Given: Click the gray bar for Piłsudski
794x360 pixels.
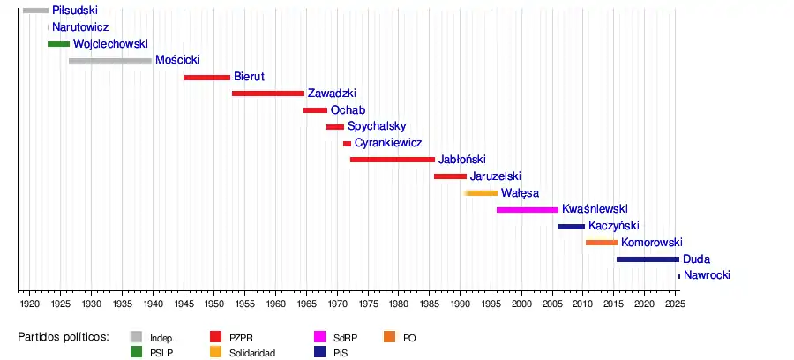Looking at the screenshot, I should pyautogui.click(x=35, y=11).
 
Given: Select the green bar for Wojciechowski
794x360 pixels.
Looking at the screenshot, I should pyautogui.click(x=58, y=44).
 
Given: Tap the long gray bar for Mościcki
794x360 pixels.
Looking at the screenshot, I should pyautogui.click(x=110, y=61).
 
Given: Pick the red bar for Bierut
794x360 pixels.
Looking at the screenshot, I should pyautogui.click(x=206, y=78).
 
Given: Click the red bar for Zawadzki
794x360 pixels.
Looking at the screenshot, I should pyautogui.click(x=268, y=94).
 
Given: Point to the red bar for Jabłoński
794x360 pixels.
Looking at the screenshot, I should pyautogui.click(x=393, y=160).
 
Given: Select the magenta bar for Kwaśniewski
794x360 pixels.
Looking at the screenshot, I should pyautogui.click(x=528, y=210).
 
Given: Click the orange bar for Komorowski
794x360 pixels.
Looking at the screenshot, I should pyautogui.click(x=602, y=243).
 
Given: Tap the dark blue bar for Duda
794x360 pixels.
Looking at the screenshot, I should pyautogui.click(x=648, y=259).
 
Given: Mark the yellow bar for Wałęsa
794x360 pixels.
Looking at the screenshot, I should pyautogui.click(x=482, y=193).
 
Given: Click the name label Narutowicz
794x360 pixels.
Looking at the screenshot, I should pyautogui.click(x=80, y=27).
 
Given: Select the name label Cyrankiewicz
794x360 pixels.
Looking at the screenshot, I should pyautogui.click(x=388, y=143).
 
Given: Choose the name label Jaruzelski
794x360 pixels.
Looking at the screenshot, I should pyautogui.click(x=496, y=176).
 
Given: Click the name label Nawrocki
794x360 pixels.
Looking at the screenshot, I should pyautogui.click(x=707, y=276).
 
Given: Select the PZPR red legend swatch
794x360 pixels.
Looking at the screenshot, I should pyautogui.click(x=216, y=337).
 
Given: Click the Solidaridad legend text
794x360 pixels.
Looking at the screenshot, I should pyautogui.click(x=252, y=353).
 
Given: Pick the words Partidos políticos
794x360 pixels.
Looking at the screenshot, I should pyautogui.click(x=64, y=337).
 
